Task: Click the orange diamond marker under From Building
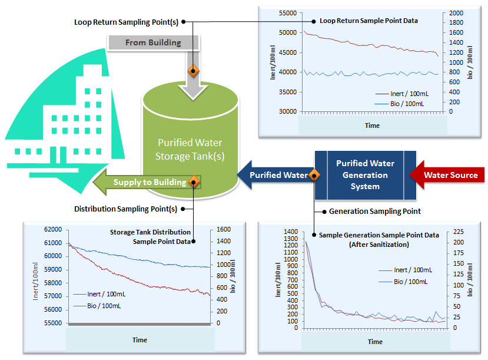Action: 193,71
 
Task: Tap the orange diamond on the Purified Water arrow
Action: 314,175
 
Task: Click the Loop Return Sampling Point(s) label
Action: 126,22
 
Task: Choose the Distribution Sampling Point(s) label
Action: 125,209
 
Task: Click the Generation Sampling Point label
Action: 374,211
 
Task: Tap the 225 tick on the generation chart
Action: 457,232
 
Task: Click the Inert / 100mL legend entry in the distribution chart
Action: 106,294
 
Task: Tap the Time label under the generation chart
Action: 375,342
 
